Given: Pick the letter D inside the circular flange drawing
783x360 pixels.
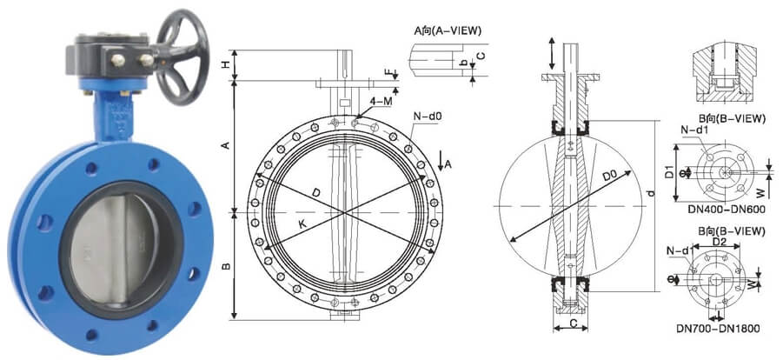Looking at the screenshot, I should [x=316, y=190].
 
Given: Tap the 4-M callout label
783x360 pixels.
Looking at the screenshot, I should [x=381, y=102].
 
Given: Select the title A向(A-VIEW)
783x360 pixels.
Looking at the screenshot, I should [x=448, y=31].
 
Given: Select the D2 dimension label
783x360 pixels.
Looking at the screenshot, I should [x=718, y=242].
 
